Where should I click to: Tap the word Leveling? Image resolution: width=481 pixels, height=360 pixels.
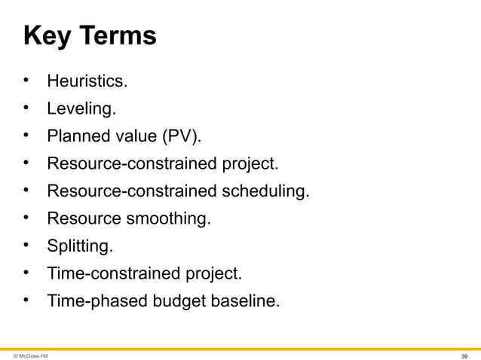coord(81,109)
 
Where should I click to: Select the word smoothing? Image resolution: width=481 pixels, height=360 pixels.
coord(168,218)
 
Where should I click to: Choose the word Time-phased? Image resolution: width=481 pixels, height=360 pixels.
coord(95,301)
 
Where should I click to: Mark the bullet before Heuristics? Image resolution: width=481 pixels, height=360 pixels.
coord(26,81)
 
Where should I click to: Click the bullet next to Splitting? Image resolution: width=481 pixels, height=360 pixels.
coord(26,245)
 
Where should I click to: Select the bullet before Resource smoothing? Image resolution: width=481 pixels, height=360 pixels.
coord(26,218)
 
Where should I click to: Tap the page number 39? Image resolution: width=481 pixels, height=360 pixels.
coord(465,355)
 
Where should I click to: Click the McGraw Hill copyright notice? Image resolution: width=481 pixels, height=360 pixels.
coord(31,355)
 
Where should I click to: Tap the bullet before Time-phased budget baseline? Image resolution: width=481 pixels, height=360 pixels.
coord(26,300)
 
